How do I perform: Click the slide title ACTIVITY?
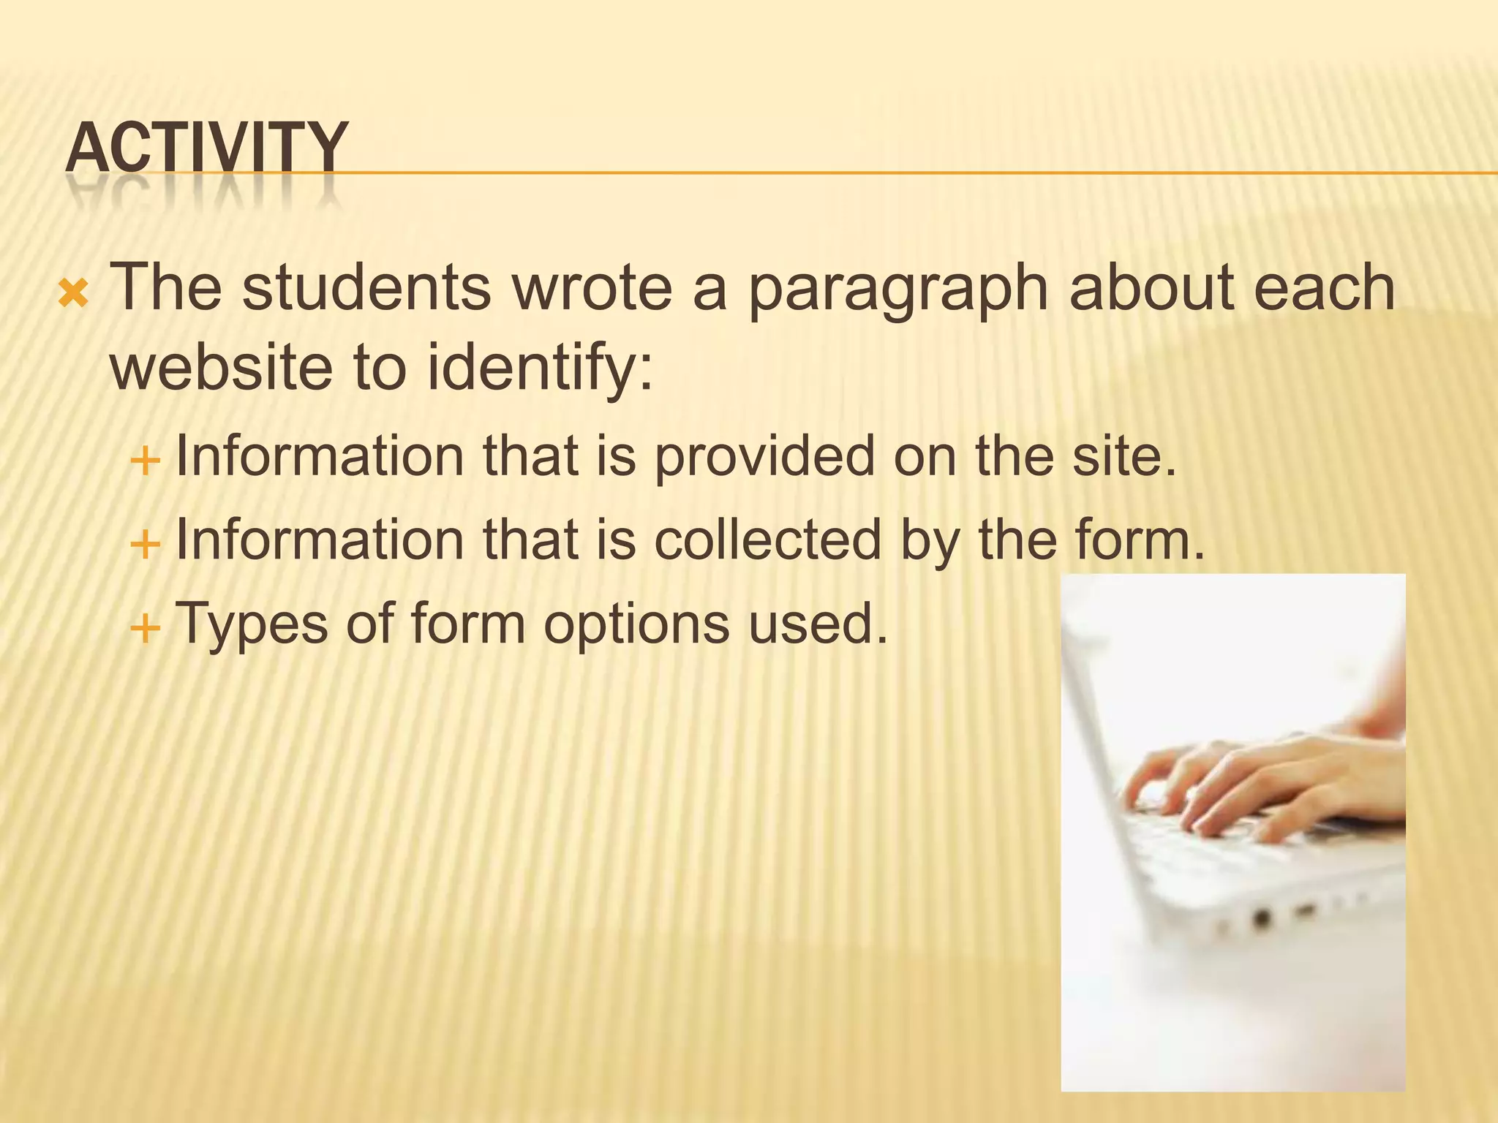tap(206, 148)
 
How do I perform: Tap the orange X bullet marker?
tap(73, 294)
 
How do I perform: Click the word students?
tap(366, 288)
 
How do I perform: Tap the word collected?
tap(767, 541)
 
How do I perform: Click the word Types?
tap(252, 626)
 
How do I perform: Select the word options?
tap(636, 626)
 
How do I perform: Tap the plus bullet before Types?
tap(145, 628)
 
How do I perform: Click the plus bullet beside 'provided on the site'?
tap(145, 461)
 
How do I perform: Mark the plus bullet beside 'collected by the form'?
tap(145, 545)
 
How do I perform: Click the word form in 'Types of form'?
tap(468, 624)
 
